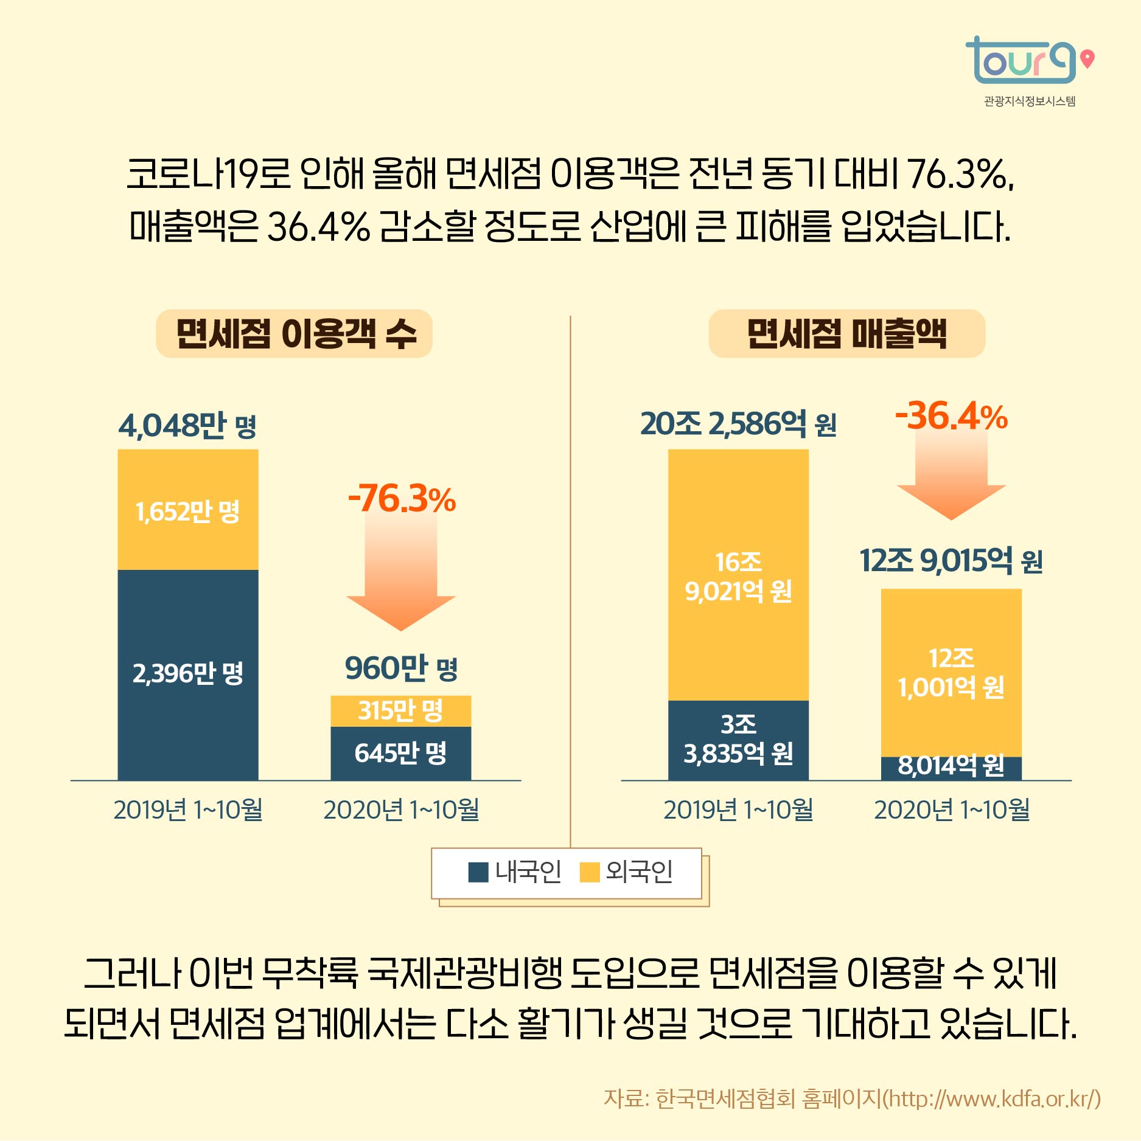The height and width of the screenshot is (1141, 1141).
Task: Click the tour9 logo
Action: click(1021, 61)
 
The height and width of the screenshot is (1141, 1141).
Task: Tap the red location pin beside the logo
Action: click(1087, 59)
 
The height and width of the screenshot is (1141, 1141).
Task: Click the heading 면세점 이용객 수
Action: click(295, 334)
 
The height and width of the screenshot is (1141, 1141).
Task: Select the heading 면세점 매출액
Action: click(846, 334)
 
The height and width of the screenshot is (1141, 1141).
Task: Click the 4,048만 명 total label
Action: click(187, 425)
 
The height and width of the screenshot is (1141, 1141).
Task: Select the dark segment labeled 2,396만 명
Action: click(187, 674)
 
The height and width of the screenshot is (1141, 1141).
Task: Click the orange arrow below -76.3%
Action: click(401, 584)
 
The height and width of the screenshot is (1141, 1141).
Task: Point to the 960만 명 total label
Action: click(401, 668)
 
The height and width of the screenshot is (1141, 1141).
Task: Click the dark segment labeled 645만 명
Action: click(400, 753)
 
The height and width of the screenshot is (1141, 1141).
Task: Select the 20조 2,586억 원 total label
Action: click(738, 424)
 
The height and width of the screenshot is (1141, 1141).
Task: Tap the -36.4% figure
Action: click(951, 417)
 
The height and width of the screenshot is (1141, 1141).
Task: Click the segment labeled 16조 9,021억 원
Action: click(738, 575)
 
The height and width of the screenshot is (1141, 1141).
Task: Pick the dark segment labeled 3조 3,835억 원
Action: click(738, 740)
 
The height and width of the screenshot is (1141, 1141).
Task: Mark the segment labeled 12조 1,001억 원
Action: click(951, 672)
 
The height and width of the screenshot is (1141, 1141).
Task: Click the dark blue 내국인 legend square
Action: click(478, 872)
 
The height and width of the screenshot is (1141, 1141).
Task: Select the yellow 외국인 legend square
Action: click(589, 872)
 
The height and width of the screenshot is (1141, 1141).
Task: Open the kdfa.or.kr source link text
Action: click(992, 1098)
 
